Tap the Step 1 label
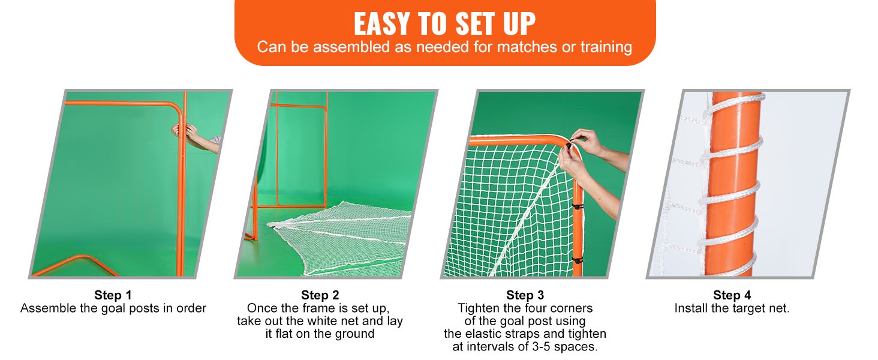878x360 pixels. tap(113, 295)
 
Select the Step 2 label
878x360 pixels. tap(320, 295)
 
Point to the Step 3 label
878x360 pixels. tap(525, 295)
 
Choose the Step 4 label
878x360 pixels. tap(732, 295)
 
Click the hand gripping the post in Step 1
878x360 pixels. tap(184, 131)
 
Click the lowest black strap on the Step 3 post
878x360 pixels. tap(577, 260)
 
